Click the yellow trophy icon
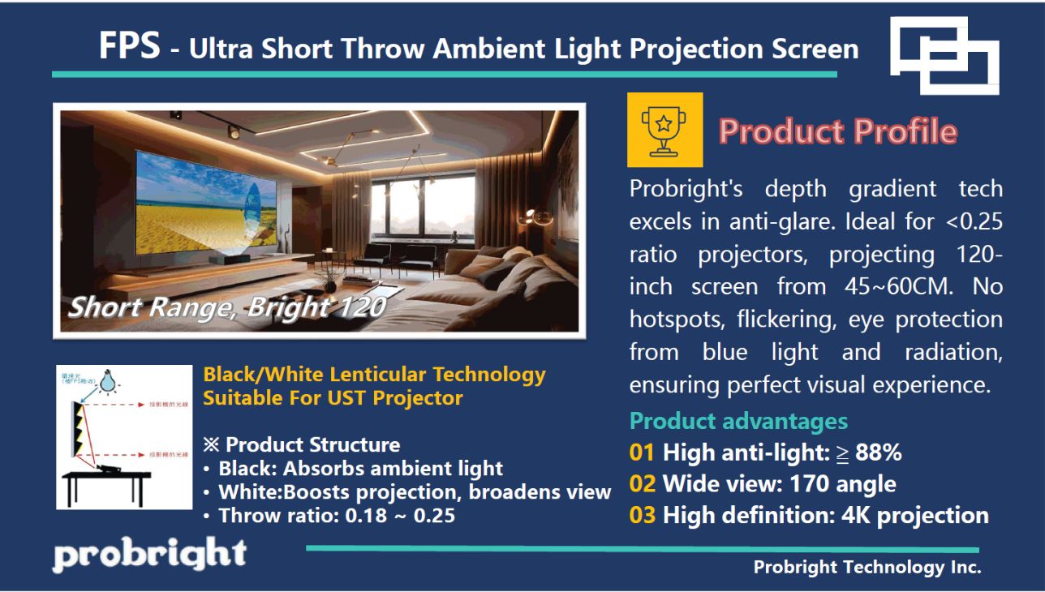(664, 130)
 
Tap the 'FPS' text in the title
(129, 46)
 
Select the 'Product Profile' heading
(837, 131)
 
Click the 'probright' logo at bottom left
(149, 555)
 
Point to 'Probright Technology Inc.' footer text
(867, 567)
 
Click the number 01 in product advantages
(642, 453)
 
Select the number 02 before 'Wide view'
(642, 484)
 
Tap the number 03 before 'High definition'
(642, 515)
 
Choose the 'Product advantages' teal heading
(738, 421)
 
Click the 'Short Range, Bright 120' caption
(226, 307)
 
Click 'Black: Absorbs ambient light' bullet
(360, 468)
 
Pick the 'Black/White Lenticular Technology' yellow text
(374, 375)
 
